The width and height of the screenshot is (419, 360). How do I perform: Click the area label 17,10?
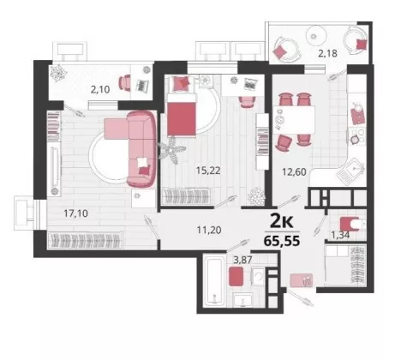pos(75,213)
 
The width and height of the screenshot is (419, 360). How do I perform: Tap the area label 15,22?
pos(208,171)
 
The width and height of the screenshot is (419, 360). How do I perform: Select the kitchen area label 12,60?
pos(294,172)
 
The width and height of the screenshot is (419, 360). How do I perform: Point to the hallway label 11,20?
pos(209,230)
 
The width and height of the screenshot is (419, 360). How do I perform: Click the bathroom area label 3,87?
pos(242,260)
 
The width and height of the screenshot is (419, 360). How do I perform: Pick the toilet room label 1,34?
pos(340,235)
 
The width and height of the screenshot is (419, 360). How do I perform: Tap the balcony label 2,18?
pos(327,53)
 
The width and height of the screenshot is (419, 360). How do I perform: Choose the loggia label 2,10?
pos(100,90)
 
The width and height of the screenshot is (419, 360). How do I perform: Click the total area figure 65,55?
pos(282,241)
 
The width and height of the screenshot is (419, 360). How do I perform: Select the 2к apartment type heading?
pos(281,221)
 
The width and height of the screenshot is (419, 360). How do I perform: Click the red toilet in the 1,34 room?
pos(350,224)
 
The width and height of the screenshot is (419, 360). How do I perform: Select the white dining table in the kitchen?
pos(294,120)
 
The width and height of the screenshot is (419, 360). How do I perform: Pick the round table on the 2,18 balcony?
pos(316,36)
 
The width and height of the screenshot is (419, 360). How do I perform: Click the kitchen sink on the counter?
pos(350,171)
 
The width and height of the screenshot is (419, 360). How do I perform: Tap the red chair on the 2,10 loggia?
pos(124,83)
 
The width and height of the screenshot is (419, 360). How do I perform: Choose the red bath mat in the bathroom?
pos(236,276)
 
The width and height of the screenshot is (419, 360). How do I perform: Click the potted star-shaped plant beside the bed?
pos(171,149)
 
